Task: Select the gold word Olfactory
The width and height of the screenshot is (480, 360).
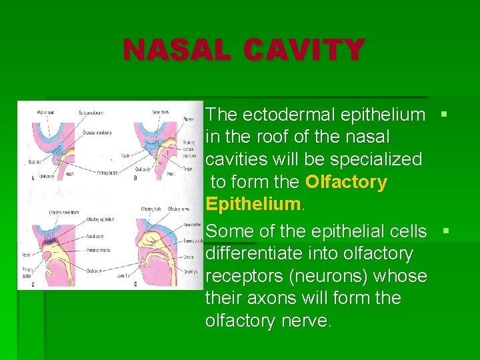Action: [x=346, y=182]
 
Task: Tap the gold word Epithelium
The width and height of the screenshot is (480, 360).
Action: [x=253, y=204]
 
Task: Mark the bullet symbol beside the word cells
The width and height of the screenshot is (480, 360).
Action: [x=446, y=231]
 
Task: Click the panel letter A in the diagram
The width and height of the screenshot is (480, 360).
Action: [x=33, y=177]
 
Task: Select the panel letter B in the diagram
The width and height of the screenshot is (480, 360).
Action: [x=135, y=177]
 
